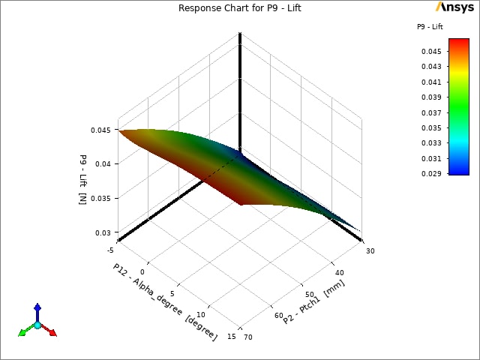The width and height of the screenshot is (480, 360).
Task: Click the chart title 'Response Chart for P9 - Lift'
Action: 240,8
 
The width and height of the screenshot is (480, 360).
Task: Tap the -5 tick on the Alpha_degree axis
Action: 110,250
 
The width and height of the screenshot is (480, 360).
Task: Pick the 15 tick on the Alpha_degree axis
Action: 232,337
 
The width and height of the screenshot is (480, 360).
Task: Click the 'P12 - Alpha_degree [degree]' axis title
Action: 165,301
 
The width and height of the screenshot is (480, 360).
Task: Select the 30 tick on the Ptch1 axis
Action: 369,250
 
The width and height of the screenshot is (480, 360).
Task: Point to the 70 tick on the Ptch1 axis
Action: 248,337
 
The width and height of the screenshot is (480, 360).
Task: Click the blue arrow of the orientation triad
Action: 37,310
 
